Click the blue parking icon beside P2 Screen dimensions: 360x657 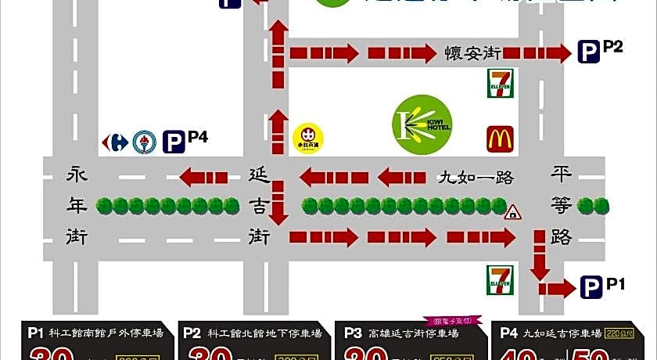click(x=588, y=52)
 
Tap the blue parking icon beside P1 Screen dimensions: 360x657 click(x=592, y=289)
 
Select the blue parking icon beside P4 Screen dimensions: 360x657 click(x=174, y=142)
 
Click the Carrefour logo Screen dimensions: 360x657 click(x=115, y=142)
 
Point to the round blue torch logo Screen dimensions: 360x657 click(x=144, y=142)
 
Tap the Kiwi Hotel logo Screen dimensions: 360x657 click(x=422, y=124)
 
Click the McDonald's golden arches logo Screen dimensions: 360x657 click(x=501, y=139)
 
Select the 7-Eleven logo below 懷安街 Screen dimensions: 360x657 click(x=501, y=83)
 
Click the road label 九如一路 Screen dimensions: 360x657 click(x=475, y=178)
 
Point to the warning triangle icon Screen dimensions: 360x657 click(x=513, y=212)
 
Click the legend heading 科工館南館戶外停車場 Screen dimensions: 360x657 click(x=106, y=333)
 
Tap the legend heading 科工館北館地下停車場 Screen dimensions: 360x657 click(x=262, y=333)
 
